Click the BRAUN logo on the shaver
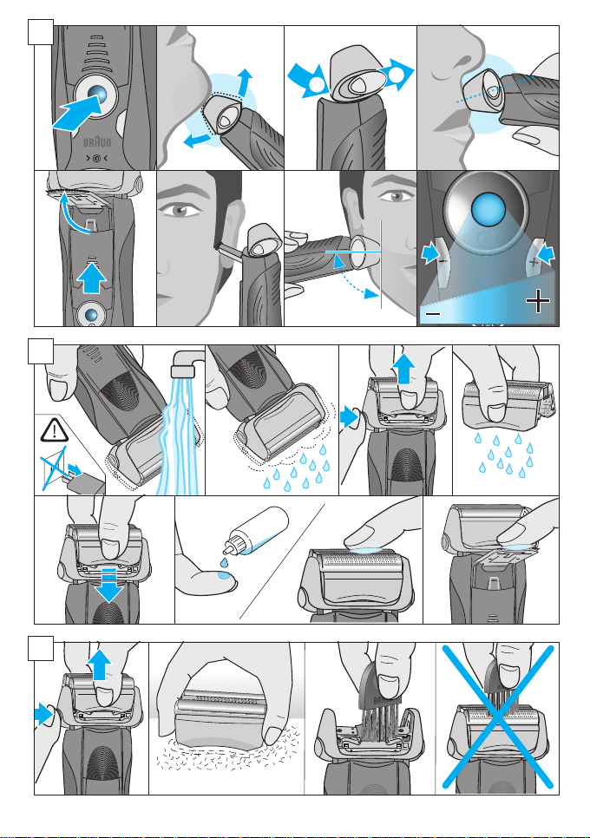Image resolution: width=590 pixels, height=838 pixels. click(x=97, y=141)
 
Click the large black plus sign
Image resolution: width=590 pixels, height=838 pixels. click(x=538, y=302)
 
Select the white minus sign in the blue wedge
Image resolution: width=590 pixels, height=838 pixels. click(x=434, y=313)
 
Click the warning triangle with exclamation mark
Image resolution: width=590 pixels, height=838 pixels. click(x=54, y=430)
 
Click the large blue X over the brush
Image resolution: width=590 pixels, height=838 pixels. click(x=497, y=717)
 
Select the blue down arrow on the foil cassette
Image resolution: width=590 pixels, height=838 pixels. click(x=108, y=586)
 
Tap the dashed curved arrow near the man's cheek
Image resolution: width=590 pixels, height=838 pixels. click(x=354, y=278)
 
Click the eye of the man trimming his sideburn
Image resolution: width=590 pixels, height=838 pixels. click(x=179, y=209)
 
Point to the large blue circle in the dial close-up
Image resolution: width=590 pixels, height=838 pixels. click(x=488, y=209)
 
